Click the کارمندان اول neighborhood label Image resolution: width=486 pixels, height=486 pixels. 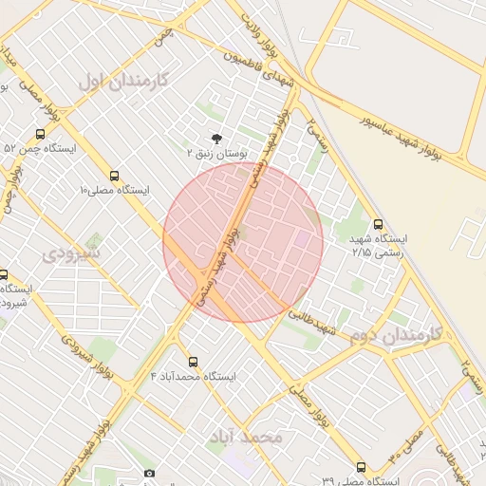pyautogui.click(x=122, y=80)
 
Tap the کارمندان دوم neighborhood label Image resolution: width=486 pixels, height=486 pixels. pyautogui.click(x=397, y=335)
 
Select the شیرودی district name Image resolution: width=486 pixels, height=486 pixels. pyautogui.click(x=71, y=254)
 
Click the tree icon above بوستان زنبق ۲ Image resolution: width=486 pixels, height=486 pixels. pyautogui.click(x=216, y=138)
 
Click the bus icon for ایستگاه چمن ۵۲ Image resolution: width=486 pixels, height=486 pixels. pyautogui.click(x=41, y=134)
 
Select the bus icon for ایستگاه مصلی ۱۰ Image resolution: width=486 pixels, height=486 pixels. pyautogui.click(x=114, y=176)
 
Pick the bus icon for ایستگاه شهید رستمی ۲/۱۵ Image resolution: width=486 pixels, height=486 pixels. pyautogui.click(x=379, y=225)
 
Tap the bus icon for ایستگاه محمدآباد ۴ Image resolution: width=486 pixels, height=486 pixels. pyautogui.click(x=194, y=362)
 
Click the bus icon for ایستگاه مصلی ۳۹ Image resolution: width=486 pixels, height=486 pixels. pyautogui.click(x=361, y=467)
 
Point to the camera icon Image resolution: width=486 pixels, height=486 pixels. pyautogui.click(x=149, y=473)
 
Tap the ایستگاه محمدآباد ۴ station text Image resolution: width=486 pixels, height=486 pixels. pyautogui.click(x=194, y=377)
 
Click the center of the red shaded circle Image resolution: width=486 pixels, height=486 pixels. pyautogui.click(x=243, y=242)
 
